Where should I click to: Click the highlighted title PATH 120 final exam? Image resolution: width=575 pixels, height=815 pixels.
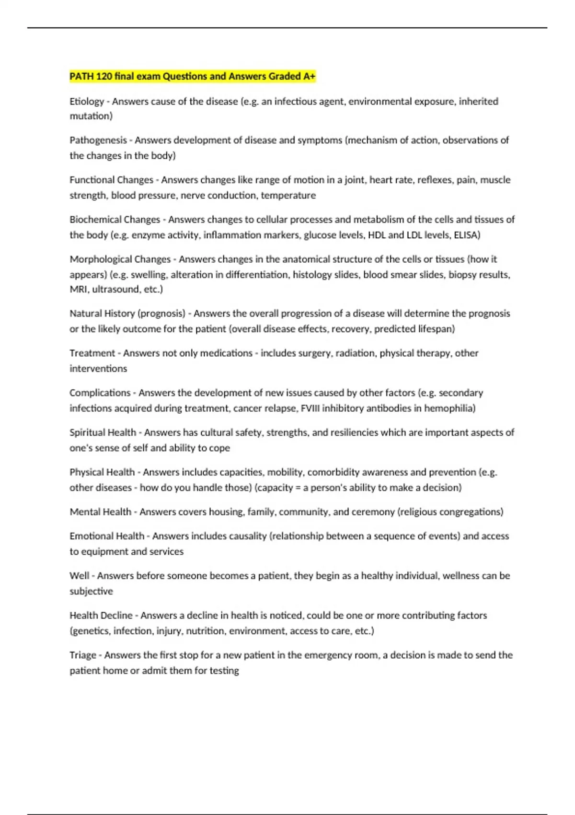point(192,76)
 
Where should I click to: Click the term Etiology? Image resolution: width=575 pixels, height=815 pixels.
point(87,102)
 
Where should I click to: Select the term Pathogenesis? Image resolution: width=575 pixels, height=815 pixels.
point(98,140)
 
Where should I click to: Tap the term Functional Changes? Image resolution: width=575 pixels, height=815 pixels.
point(111,180)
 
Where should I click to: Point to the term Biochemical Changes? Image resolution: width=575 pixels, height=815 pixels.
point(115,220)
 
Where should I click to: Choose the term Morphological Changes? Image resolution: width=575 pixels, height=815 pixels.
point(120,259)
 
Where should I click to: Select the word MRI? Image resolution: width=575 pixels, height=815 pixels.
point(78,290)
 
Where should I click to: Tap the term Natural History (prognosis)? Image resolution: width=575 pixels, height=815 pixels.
point(127,314)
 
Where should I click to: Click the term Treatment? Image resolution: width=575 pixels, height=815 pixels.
point(92,353)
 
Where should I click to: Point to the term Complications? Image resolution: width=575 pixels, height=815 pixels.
point(100,393)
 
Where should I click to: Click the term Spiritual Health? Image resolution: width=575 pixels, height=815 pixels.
point(103,432)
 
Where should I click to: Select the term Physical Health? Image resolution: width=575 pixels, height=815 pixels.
point(102,472)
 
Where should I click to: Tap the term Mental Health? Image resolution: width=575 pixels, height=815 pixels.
point(100,512)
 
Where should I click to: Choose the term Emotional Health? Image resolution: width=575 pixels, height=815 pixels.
point(107,536)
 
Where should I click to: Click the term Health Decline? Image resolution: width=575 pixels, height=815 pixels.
point(101,616)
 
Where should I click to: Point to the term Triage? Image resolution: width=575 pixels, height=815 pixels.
point(83,655)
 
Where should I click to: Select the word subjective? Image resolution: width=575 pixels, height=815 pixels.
point(91,591)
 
